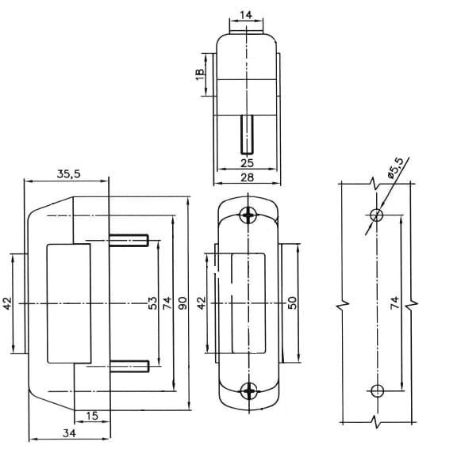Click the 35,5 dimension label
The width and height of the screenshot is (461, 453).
[x=68, y=174]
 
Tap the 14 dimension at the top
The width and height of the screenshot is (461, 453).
[x=246, y=15]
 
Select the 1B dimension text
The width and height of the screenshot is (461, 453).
[x=200, y=74]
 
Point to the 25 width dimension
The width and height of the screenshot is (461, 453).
[x=247, y=163]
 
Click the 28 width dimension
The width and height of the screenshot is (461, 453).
[x=247, y=177]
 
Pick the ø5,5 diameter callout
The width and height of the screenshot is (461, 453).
[x=395, y=168]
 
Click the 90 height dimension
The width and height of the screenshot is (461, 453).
[x=182, y=303]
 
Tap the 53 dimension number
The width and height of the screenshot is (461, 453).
[x=152, y=303]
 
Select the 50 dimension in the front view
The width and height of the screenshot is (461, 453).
[x=292, y=303]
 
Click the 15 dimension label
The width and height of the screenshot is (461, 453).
[x=92, y=416]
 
